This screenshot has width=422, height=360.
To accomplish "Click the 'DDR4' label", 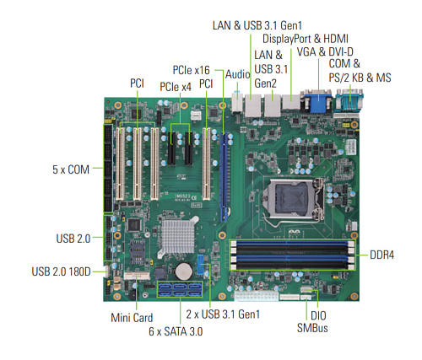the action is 381,255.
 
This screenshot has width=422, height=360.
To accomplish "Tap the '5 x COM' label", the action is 71,169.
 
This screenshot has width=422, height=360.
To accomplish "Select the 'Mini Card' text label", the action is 132,318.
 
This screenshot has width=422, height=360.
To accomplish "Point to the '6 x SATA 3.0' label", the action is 176,331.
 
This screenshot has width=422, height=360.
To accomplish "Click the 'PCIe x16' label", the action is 191,70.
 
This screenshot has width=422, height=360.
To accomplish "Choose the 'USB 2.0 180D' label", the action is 61,271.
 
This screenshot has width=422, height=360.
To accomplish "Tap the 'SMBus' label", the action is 312,328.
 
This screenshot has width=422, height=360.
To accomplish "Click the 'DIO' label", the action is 318,316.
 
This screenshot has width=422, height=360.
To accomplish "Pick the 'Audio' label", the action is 238,74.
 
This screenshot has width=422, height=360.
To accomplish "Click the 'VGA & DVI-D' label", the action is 325,52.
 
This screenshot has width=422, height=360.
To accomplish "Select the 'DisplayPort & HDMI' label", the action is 306,39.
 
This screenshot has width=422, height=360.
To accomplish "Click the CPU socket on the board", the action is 293,199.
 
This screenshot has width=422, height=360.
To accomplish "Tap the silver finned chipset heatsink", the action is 178,236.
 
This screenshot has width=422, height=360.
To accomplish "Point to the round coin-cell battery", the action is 184,271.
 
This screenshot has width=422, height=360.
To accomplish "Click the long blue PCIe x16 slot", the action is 224,177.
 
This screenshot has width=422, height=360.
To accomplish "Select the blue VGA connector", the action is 318,101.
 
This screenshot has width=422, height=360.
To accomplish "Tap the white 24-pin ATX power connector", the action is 256,296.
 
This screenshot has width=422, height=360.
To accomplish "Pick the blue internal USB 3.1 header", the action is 200,265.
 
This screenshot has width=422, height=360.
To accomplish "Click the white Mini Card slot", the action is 137,276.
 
